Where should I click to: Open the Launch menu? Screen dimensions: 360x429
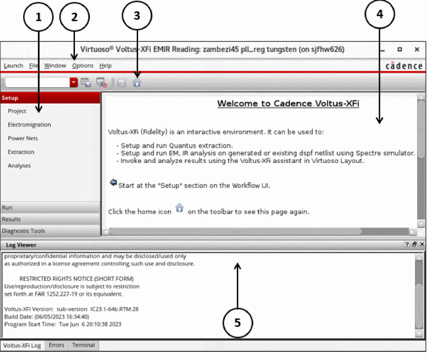pos(13,66)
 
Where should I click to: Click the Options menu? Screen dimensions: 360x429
pos(83,66)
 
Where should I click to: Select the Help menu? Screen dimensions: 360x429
pos(105,66)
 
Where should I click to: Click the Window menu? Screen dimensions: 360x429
pos(55,66)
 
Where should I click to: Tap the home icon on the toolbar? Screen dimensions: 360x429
pos(137,83)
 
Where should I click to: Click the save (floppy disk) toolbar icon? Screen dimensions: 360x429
pos(121,83)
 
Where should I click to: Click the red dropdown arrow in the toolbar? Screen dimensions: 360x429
pos(74,83)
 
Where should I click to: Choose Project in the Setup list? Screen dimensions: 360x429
pos(17,111)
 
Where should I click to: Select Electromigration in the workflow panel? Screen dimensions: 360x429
pos(29,125)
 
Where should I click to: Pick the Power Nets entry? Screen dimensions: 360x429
pos(23,138)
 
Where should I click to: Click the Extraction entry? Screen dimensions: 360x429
pos(21,152)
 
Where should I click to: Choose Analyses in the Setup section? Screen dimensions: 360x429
pos(19,166)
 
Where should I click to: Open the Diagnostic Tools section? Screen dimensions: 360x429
pos(24,231)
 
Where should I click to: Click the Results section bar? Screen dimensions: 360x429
pos(11,219)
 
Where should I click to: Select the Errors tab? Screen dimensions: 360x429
pos(56,345)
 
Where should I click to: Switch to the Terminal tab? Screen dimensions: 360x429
pos(84,345)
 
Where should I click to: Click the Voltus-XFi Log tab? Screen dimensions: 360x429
pos(22,345)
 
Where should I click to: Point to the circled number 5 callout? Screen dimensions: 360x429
pos(237,322)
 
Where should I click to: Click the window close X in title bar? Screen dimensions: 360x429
pos(417,49)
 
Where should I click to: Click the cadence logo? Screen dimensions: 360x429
pos(404,66)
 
